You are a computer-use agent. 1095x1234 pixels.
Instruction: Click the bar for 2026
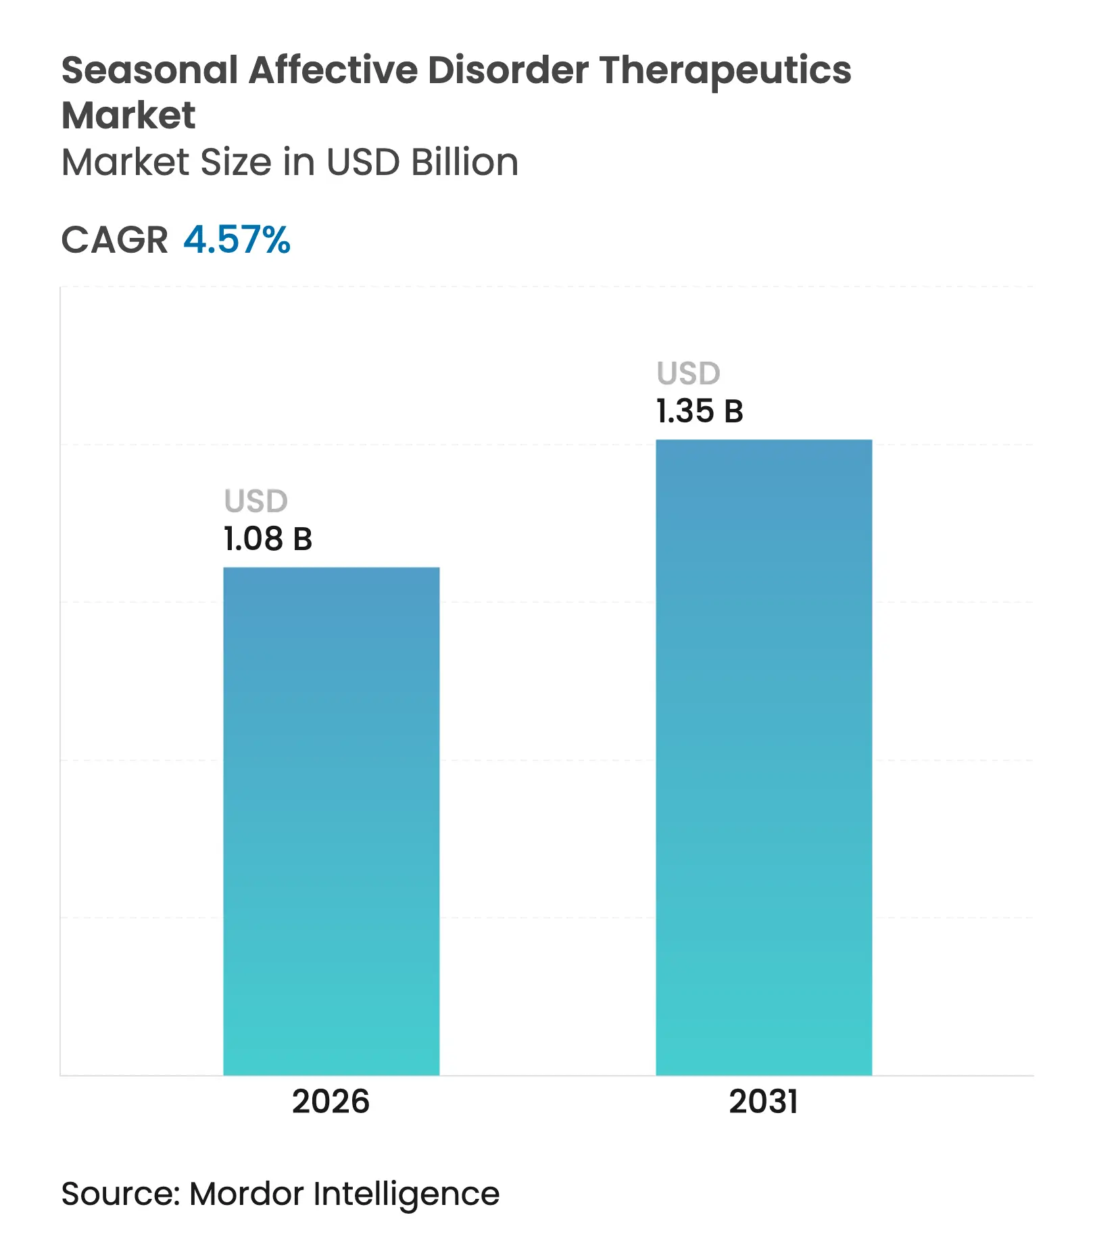click(x=331, y=820)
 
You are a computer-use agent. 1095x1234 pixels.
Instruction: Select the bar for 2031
click(x=764, y=757)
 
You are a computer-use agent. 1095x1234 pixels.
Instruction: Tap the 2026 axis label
click(x=331, y=1102)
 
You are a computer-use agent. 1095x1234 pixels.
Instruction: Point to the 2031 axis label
click(x=764, y=1102)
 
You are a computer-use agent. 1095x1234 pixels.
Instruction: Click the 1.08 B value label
click(x=268, y=539)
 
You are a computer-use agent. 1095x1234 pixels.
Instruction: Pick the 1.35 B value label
click(x=700, y=412)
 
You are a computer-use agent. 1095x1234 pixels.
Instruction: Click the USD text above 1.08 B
click(x=256, y=501)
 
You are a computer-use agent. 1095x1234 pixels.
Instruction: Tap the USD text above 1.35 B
click(x=689, y=374)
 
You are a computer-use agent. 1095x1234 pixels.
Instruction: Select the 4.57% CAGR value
click(x=237, y=240)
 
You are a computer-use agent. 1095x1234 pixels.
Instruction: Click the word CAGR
click(x=114, y=240)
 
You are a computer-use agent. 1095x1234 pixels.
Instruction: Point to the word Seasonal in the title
click(x=149, y=70)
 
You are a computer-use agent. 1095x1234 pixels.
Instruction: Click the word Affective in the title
click(x=333, y=70)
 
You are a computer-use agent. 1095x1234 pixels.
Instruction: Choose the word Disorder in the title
click(x=508, y=70)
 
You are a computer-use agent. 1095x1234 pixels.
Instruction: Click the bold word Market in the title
click(x=128, y=116)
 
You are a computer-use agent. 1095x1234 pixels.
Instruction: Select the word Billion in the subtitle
click(x=464, y=162)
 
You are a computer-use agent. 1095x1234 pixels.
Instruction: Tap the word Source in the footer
click(x=119, y=1193)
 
